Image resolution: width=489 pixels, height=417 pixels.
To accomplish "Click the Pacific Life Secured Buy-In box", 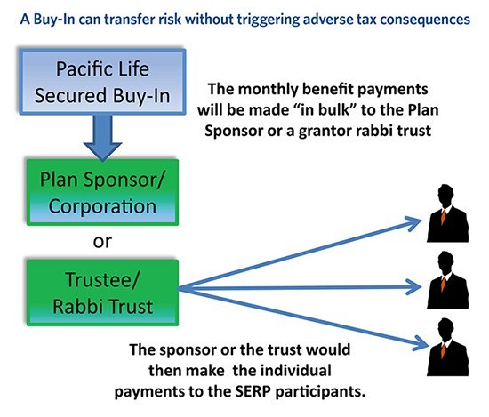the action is tap(102, 82).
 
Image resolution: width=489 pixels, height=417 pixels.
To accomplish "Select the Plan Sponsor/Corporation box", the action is tap(102, 192).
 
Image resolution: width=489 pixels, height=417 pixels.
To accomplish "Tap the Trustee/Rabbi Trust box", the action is tap(102, 293).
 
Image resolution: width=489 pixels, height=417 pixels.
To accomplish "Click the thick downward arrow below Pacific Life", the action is tap(102, 138).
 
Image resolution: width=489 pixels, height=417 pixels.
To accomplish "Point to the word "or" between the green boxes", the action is tap(102, 242).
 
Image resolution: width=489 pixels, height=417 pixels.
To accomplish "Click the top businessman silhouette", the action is tap(447, 213).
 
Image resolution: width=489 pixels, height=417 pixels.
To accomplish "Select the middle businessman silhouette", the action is tap(447, 280).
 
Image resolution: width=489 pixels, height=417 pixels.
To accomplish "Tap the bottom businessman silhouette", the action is tap(447, 347).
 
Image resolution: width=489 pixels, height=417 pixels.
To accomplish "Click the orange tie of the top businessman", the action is tap(443, 217).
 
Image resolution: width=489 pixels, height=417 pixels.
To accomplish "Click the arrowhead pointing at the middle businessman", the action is tap(414, 287).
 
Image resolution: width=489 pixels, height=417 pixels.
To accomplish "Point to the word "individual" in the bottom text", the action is tap(296, 371).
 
